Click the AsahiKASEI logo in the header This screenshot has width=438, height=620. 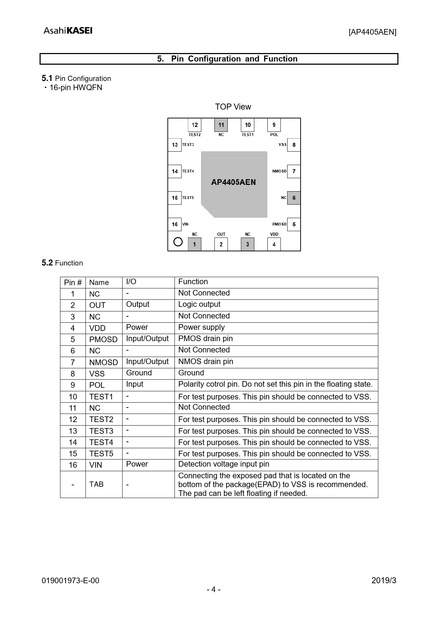click(x=68, y=31)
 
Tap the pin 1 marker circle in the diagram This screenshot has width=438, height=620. click(x=178, y=242)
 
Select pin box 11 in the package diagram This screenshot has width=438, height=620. click(x=221, y=125)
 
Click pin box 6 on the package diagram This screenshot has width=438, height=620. click(x=294, y=198)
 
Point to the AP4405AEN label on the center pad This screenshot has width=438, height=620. click(x=233, y=182)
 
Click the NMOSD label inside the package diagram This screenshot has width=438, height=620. click(x=279, y=171)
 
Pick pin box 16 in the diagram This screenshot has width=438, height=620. click(x=175, y=224)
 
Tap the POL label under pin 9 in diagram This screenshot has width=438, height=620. click(x=274, y=135)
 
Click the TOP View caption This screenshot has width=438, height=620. click(x=233, y=107)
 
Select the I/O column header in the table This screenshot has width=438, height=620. click(x=131, y=282)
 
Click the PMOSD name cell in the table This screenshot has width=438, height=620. click(x=103, y=339)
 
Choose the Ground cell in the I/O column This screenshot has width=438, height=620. click(x=139, y=373)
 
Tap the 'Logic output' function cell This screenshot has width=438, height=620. click(x=199, y=304)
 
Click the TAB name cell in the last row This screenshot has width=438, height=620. click(x=96, y=484)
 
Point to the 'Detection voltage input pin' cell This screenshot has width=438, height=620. click(x=224, y=464)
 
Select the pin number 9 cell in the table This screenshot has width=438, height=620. click(x=73, y=385)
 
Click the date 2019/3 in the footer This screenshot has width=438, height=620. click(x=384, y=580)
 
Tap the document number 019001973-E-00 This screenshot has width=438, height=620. click(x=70, y=580)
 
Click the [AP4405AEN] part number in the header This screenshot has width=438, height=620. click(x=372, y=32)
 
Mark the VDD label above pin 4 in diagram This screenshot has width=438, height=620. click(x=274, y=234)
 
